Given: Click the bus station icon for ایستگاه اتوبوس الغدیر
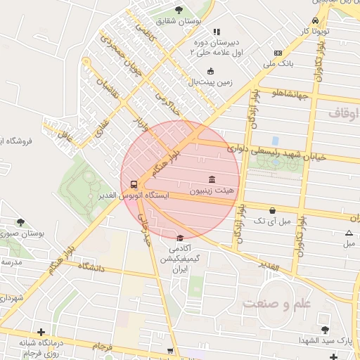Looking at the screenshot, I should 134,185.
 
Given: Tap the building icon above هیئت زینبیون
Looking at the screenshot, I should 212,179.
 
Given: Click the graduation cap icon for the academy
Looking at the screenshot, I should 180,238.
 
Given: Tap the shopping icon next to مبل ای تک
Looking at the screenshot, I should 272,210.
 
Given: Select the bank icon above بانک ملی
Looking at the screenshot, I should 278,53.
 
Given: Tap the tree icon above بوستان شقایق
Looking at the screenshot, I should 179,10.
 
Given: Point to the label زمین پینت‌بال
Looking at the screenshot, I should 210,82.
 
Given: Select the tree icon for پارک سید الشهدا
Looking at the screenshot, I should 324,329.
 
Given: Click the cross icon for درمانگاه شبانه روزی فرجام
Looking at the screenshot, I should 41,332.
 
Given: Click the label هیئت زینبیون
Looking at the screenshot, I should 212,191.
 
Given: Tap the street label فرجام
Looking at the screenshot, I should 101,346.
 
